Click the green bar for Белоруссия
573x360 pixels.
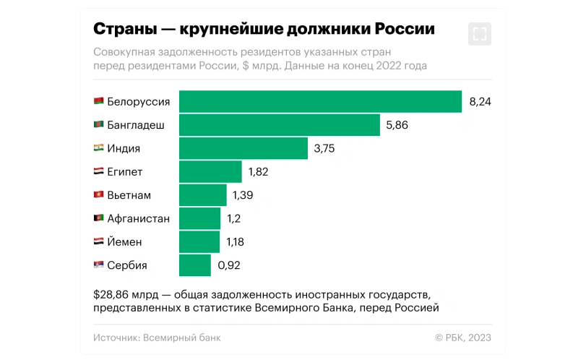[x=320, y=102]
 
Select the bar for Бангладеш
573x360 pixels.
[x=279, y=125]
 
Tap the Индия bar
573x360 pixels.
[x=243, y=148]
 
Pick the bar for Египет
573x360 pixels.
[x=210, y=171]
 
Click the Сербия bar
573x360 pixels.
[x=195, y=265]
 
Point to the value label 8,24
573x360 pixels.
[x=480, y=102]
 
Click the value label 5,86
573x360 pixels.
[x=397, y=125]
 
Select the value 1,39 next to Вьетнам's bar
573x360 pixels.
[x=242, y=195]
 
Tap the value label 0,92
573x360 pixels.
[x=228, y=265]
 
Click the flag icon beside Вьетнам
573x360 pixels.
[x=98, y=195]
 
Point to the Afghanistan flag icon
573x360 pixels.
[x=98, y=218]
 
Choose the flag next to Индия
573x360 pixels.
[x=98, y=148]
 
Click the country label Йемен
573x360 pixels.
[x=124, y=242]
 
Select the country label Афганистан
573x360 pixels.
[x=138, y=218]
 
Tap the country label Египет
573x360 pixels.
[x=125, y=171]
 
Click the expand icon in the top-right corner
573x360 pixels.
[x=479, y=33]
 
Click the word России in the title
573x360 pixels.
[x=407, y=30]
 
